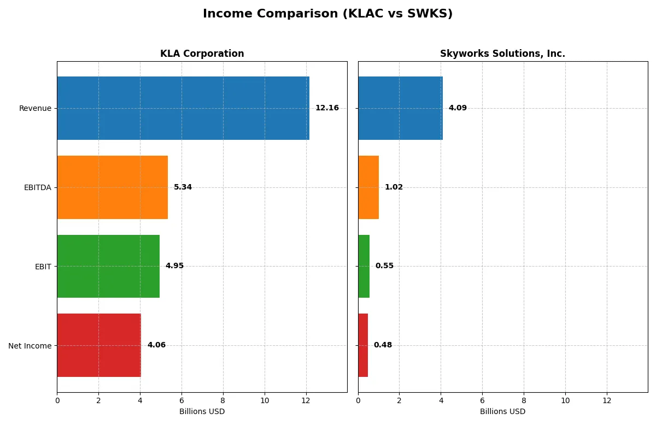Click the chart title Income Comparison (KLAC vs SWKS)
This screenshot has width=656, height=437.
coord(327,14)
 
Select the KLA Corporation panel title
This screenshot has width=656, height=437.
coord(202,54)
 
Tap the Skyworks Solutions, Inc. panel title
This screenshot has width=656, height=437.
coord(502,54)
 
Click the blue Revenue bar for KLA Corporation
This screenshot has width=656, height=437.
coord(183,108)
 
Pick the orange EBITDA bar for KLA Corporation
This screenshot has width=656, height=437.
coord(112,187)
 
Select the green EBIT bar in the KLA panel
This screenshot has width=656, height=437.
coord(108,266)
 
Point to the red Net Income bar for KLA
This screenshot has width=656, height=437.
coord(99,345)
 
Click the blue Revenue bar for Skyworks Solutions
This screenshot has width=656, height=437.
coord(400,108)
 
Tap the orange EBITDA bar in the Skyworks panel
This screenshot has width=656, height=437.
coord(368,187)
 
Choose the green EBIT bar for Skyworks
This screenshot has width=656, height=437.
coord(364,266)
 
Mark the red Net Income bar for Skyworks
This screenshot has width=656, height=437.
coord(363,345)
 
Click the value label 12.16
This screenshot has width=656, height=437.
coord(327,108)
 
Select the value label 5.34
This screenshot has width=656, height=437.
coord(183,187)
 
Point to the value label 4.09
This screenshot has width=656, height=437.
coord(458,108)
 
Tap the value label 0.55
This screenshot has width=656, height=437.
coord(384,266)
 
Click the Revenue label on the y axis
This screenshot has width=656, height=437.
coord(35,108)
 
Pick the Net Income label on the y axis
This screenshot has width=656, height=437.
coord(30,346)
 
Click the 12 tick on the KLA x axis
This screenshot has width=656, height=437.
coord(306,400)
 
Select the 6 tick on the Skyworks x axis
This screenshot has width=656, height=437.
coord(482,400)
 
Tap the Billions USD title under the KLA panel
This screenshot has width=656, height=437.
coord(202,411)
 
